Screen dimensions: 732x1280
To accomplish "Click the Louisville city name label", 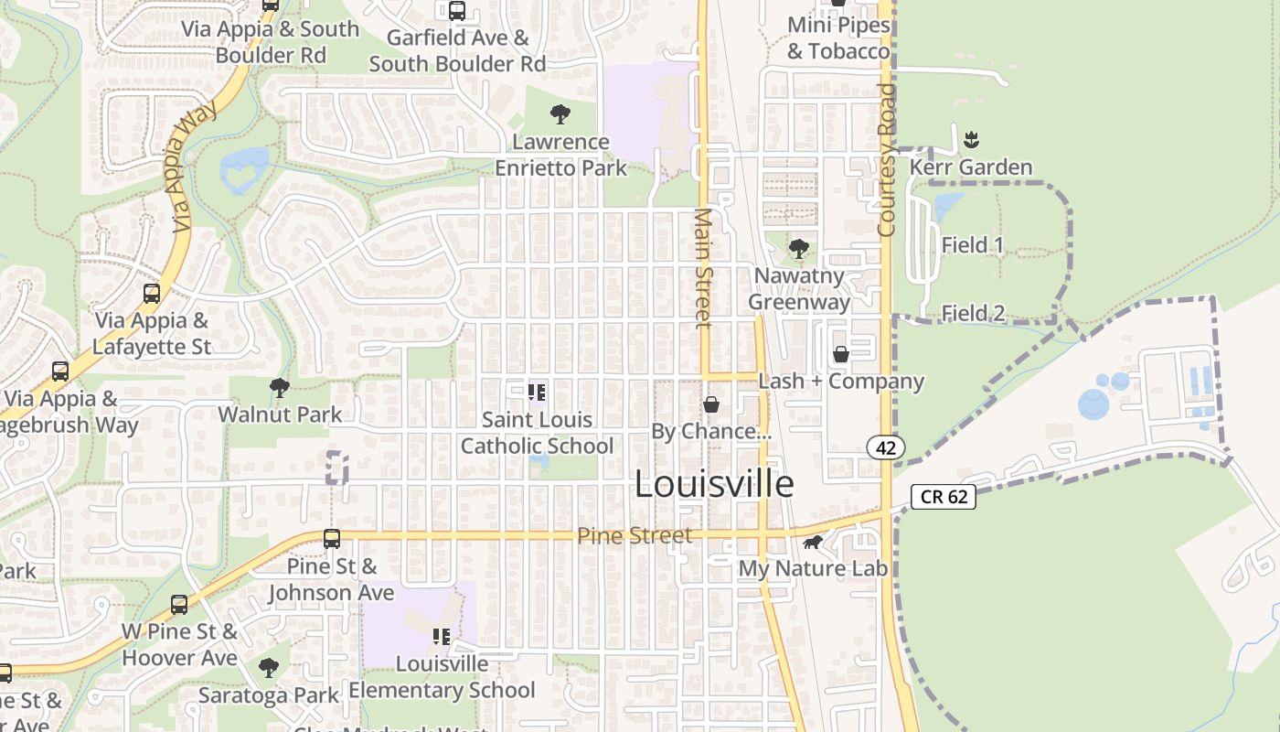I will click(714, 484).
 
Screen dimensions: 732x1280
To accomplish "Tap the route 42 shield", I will click(886, 447).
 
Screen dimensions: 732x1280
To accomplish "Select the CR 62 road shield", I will click(944, 497).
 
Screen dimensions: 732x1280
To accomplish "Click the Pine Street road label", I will click(635, 535).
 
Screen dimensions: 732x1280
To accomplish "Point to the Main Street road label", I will click(703, 267).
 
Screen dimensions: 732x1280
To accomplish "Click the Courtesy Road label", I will click(885, 160).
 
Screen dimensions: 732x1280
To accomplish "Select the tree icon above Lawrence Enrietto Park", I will click(560, 114).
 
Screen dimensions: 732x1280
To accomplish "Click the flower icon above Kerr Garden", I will click(971, 140).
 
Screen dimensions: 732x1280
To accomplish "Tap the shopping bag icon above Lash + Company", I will click(840, 354).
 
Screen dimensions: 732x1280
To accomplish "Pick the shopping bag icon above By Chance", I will click(710, 404).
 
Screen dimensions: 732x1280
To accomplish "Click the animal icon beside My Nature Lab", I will click(813, 543).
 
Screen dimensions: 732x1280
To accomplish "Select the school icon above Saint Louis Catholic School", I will click(537, 393).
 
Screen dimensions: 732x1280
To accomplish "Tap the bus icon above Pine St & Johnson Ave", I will click(332, 539).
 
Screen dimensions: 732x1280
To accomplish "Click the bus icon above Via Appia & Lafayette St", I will click(152, 294).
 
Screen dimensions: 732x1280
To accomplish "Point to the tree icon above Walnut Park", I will click(280, 388).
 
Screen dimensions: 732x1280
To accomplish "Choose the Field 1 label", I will click(973, 245).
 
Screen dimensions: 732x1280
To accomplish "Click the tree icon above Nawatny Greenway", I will click(799, 248).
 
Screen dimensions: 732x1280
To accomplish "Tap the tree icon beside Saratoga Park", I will click(268, 668).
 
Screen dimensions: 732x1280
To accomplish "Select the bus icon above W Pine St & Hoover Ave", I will click(179, 605).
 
